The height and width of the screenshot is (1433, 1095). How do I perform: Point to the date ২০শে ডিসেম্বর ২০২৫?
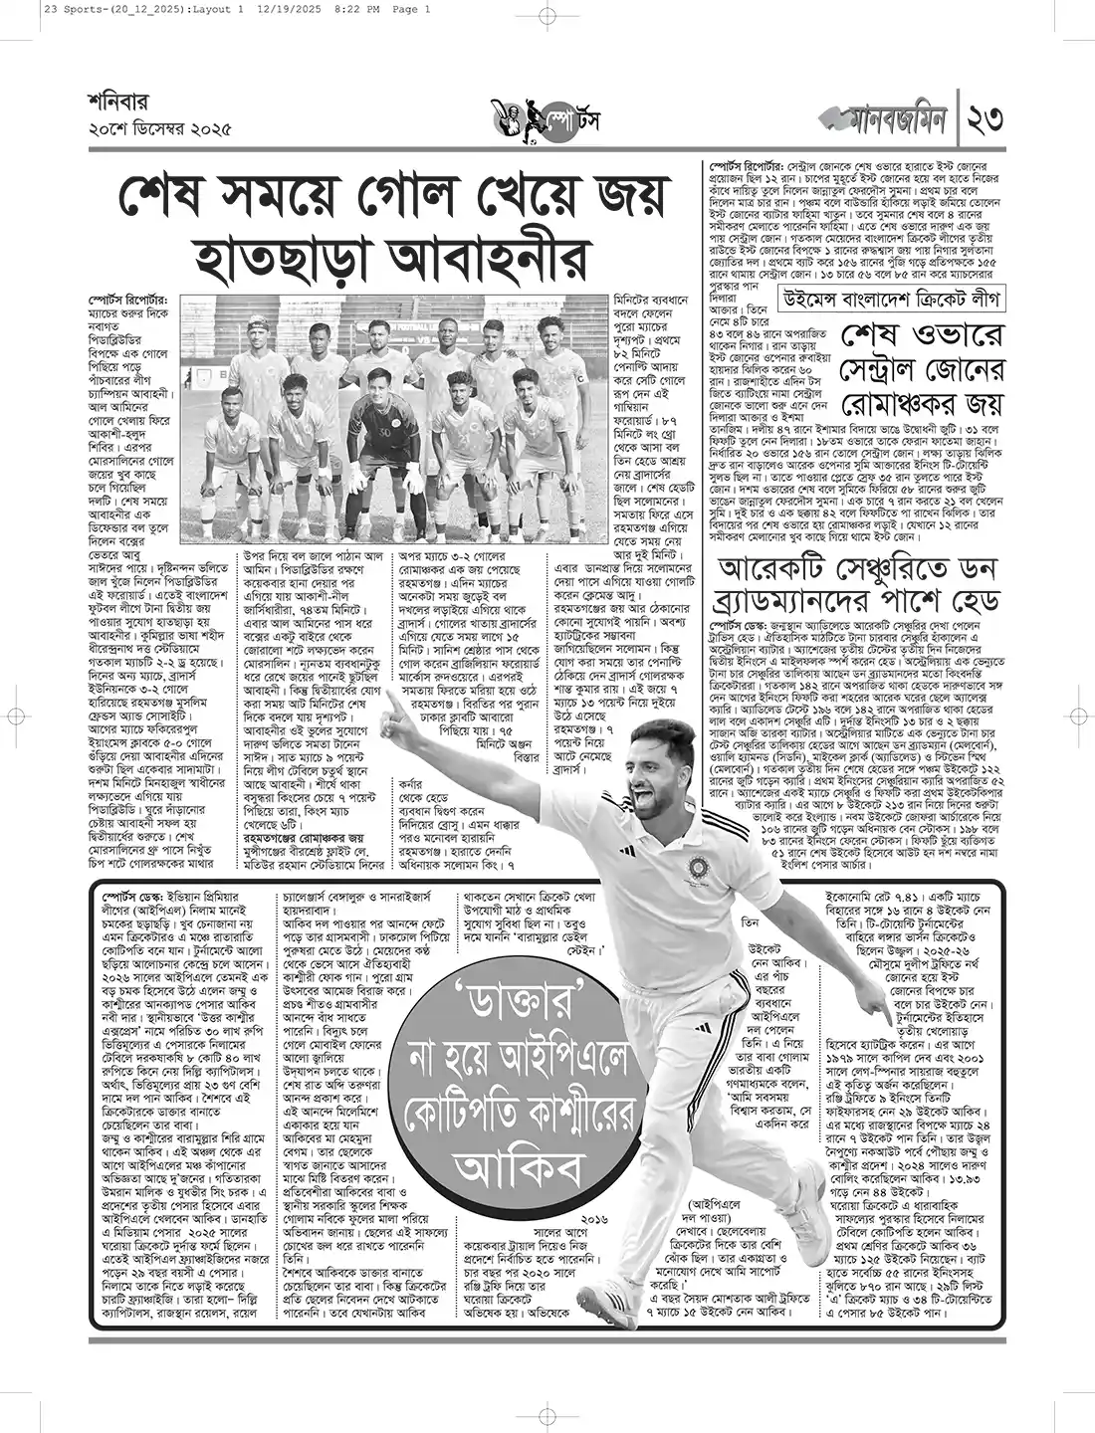[159, 129]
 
